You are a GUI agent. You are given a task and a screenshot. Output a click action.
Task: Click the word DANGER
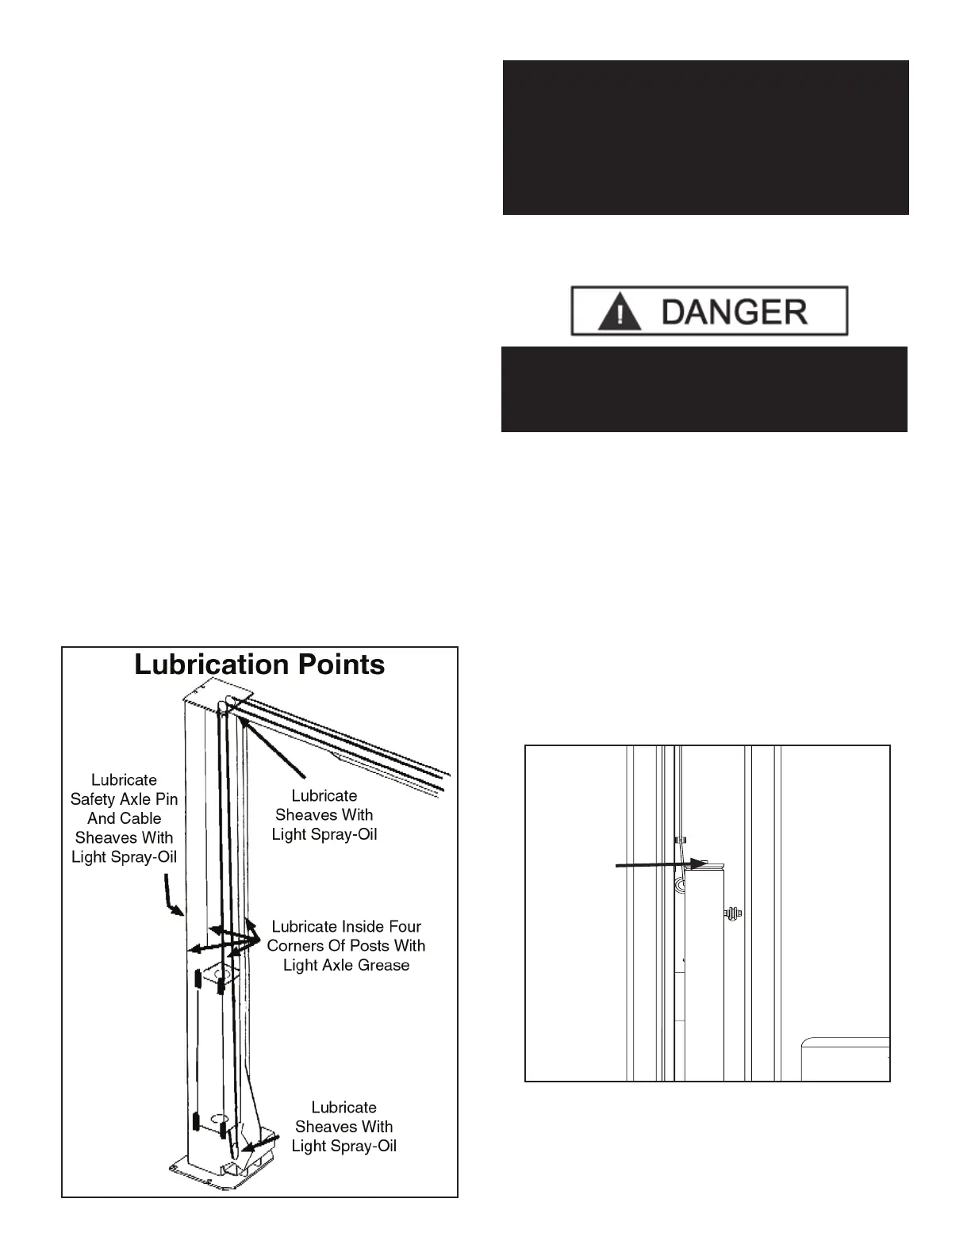734,311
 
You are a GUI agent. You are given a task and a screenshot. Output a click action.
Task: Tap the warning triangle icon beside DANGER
620,312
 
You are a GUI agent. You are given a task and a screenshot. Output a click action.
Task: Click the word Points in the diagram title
333,664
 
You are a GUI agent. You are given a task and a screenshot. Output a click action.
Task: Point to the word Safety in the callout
94,799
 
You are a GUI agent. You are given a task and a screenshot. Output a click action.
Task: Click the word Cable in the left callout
140,818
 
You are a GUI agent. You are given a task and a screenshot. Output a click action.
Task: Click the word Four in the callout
404,926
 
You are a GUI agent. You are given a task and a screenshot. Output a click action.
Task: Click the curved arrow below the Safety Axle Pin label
172,895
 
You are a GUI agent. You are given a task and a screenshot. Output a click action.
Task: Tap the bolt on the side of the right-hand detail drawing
732,914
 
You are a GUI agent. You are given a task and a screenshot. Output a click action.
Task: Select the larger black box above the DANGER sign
705,137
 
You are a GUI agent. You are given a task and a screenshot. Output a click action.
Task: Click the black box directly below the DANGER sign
704,389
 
